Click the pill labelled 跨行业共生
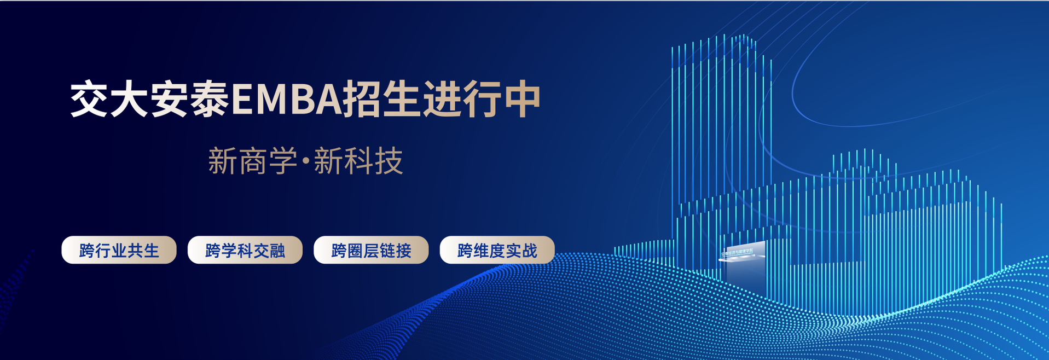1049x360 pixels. tap(119, 250)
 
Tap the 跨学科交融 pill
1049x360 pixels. tap(245, 250)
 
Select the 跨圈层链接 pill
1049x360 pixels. tap(371, 250)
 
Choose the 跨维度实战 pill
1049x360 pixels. tap(497, 250)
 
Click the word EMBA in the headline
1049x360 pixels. tap(287, 100)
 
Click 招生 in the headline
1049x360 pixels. tap(382, 100)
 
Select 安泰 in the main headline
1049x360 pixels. tap(189, 100)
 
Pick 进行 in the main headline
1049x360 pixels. tap(462, 100)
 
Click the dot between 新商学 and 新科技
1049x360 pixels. tap(305, 160)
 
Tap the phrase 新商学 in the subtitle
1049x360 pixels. tap(252, 161)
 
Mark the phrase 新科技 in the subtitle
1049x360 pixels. tap(358, 161)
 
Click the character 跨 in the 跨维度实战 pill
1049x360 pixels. tap(465, 251)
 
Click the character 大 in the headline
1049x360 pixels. tap(130, 100)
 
